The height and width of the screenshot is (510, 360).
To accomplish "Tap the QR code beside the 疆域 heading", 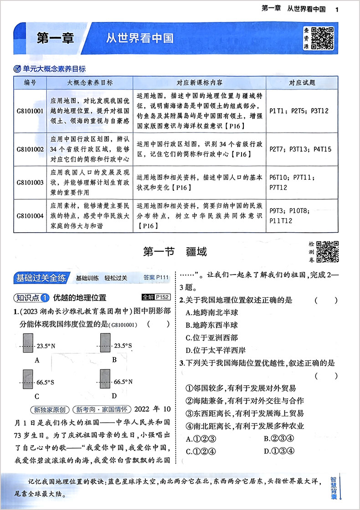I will (327, 251).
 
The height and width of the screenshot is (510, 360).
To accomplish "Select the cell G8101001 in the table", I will (30, 110).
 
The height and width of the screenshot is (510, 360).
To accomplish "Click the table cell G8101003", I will (30, 182).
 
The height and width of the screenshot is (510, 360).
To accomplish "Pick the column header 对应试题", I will (302, 83).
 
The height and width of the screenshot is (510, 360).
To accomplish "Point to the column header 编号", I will (30, 83).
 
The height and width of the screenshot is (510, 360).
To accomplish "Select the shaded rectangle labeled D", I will (108, 382).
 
